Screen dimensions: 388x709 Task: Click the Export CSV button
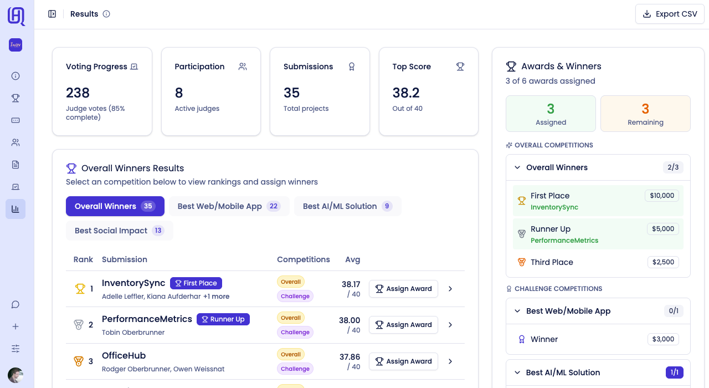click(x=670, y=14)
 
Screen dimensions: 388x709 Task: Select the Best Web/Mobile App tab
click(x=229, y=206)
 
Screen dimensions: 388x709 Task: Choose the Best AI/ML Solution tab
click(x=347, y=206)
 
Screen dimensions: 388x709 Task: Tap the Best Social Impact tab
click(x=119, y=231)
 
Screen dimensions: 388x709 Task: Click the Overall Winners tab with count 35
click(x=115, y=206)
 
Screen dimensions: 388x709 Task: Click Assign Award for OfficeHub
click(x=403, y=361)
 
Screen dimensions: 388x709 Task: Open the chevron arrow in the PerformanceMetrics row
click(x=450, y=325)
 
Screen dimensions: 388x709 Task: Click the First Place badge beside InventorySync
click(x=196, y=283)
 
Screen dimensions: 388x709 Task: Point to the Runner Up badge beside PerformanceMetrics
click(x=223, y=319)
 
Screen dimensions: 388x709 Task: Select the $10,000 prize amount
click(x=662, y=196)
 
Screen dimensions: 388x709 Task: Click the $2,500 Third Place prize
click(x=663, y=262)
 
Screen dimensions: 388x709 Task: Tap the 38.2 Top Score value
click(x=406, y=93)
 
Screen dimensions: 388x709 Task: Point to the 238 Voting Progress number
click(x=78, y=93)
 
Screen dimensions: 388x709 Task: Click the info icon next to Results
click(x=106, y=14)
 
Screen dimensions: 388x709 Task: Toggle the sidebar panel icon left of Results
click(x=52, y=14)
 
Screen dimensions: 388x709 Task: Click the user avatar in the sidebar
click(x=16, y=375)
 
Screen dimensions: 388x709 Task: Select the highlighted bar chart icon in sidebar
click(x=16, y=209)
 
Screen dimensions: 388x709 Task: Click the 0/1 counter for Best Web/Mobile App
click(x=674, y=311)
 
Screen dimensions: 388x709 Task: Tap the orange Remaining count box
click(x=645, y=114)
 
